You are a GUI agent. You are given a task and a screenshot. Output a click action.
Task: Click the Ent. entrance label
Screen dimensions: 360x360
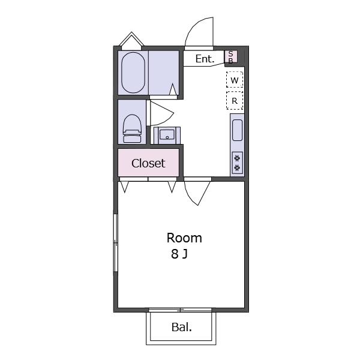[x=205, y=59]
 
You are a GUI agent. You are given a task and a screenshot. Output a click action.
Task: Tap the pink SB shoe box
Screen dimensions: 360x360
[x=231, y=57]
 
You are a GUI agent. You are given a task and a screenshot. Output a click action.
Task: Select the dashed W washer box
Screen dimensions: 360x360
[x=235, y=79]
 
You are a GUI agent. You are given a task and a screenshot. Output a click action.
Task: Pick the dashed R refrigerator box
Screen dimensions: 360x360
[x=235, y=101]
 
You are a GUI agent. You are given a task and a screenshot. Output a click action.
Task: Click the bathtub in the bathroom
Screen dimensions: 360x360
[x=133, y=73]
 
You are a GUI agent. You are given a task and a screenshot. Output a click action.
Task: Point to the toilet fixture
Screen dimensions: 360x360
[x=132, y=128]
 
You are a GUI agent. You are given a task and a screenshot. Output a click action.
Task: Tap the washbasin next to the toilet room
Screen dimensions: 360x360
[x=167, y=135]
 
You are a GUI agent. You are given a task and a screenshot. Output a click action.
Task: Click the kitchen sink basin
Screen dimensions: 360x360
[x=237, y=130]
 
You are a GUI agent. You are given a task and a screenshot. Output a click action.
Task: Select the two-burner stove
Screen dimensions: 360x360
[x=238, y=163]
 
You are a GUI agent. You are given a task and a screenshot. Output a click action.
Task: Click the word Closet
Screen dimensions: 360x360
[x=148, y=163]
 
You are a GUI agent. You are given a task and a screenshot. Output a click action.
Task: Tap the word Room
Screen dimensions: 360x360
[x=184, y=238]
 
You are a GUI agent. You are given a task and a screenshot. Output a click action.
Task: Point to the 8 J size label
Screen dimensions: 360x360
[x=179, y=254]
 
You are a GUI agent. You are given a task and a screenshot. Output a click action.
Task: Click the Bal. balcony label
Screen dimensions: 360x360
[x=182, y=327]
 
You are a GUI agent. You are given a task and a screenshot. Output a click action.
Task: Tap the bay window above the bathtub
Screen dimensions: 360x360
[x=131, y=40]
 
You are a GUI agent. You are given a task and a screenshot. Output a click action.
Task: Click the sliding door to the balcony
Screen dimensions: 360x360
[x=180, y=310]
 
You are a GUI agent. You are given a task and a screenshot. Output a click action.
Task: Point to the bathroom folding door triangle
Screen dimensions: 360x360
[x=173, y=90]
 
